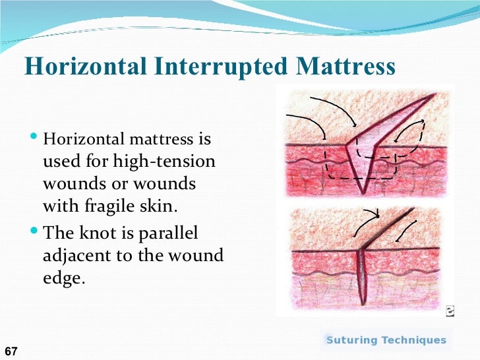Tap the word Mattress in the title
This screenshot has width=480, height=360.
pyautogui.click(x=345, y=67)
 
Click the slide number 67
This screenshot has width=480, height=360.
pyautogui.click(x=11, y=351)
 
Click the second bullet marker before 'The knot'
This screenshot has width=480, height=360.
pyautogui.click(x=35, y=233)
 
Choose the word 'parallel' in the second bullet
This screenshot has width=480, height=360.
pyautogui.click(x=172, y=234)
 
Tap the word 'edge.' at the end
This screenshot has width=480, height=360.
pyautogui.click(x=64, y=278)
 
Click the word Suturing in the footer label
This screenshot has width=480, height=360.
pyautogui.click(x=353, y=340)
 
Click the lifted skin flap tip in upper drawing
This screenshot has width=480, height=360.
pyautogui.click(x=435, y=95)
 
